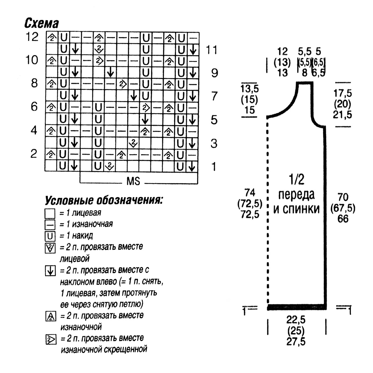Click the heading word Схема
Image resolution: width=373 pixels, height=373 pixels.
point(41,23)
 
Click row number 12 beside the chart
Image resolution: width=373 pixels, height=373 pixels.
point(32,37)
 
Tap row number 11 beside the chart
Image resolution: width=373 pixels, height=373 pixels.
point(212,50)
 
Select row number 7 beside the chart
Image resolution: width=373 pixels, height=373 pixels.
point(214,96)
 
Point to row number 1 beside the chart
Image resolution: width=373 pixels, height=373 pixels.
point(214,167)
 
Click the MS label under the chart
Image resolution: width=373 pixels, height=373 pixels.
point(133,181)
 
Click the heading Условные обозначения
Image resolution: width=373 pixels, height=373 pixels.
point(104,201)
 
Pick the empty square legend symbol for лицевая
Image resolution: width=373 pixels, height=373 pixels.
point(50,214)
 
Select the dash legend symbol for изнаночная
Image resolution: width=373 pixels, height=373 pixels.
point(50,225)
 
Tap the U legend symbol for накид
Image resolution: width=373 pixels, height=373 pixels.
point(50,236)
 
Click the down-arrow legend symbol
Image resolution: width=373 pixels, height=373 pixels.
point(50,271)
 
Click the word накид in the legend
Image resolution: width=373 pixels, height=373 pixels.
point(82,236)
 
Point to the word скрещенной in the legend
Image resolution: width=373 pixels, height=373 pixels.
point(126,349)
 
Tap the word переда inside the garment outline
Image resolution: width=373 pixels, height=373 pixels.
point(296,195)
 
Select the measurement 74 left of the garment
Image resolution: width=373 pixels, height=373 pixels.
point(250,193)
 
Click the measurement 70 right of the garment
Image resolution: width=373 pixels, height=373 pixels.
point(343,197)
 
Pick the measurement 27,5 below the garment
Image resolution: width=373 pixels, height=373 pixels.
point(296,342)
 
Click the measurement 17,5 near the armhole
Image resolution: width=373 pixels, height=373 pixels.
point(343,94)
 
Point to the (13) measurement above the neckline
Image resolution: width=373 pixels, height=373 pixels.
point(282,62)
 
